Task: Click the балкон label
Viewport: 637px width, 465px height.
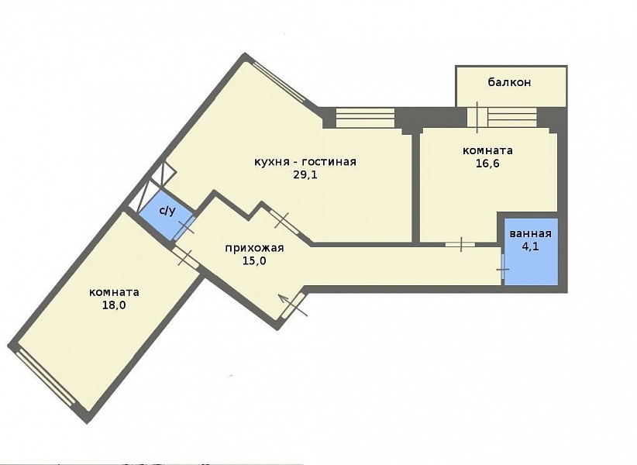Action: tap(509, 82)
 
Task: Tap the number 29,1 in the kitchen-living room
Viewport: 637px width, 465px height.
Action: tap(305, 174)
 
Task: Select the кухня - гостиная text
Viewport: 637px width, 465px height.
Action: tap(305, 162)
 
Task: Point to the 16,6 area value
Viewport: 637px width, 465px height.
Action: tap(487, 164)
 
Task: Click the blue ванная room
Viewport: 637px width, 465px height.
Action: tap(531, 251)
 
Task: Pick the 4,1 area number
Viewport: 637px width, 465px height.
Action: tap(530, 246)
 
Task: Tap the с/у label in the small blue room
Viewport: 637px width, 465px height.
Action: tap(167, 210)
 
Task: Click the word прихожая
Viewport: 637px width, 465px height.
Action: tap(254, 248)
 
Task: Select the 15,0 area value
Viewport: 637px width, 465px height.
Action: tap(254, 260)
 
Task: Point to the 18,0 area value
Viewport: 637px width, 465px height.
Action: tap(114, 305)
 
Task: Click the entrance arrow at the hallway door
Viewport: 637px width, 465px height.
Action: tap(292, 305)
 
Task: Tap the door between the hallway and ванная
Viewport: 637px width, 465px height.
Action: tap(503, 269)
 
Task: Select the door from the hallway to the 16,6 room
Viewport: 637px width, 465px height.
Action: tap(460, 244)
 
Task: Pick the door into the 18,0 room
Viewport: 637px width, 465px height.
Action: tap(185, 258)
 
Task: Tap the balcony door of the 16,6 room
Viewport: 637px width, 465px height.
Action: tap(477, 117)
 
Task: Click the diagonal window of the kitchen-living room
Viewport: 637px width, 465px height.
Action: tap(279, 82)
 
